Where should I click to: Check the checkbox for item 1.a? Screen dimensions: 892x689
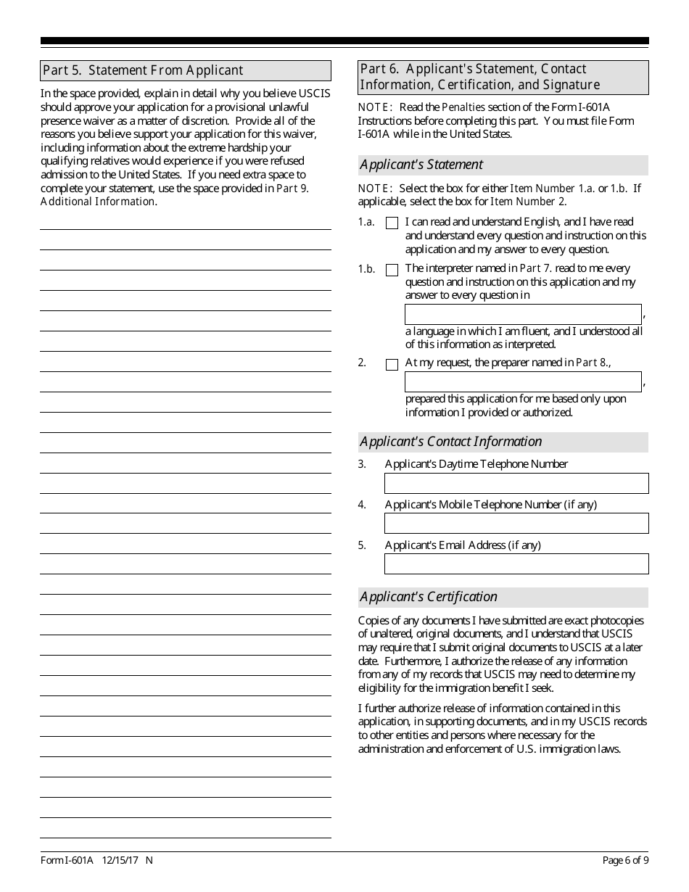[x=392, y=223]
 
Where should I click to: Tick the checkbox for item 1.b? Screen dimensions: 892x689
[x=392, y=270]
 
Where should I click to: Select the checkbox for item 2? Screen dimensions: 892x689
[x=392, y=364]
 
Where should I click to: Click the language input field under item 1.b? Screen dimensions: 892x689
[x=522, y=314]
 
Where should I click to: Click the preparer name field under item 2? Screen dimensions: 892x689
[x=522, y=381]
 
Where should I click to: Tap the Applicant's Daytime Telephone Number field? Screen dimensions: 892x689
[x=516, y=483]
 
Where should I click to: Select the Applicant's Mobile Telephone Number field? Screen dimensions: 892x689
[x=516, y=523]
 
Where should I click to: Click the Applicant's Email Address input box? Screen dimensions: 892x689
[x=516, y=563]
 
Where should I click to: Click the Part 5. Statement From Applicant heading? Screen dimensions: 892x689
[x=143, y=70]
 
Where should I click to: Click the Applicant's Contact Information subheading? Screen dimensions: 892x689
[x=450, y=442]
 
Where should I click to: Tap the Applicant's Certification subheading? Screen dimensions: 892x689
[x=429, y=597]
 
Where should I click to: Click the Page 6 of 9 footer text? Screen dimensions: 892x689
[x=625, y=861]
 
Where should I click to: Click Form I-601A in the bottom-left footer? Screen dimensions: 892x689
[x=67, y=861]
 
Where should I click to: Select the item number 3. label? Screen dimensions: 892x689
[x=362, y=464]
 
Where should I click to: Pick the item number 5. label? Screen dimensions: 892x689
[x=362, y=545]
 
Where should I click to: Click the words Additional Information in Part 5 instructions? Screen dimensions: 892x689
[x=97, y=202]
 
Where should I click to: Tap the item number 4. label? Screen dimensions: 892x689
[x=362, y=505]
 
